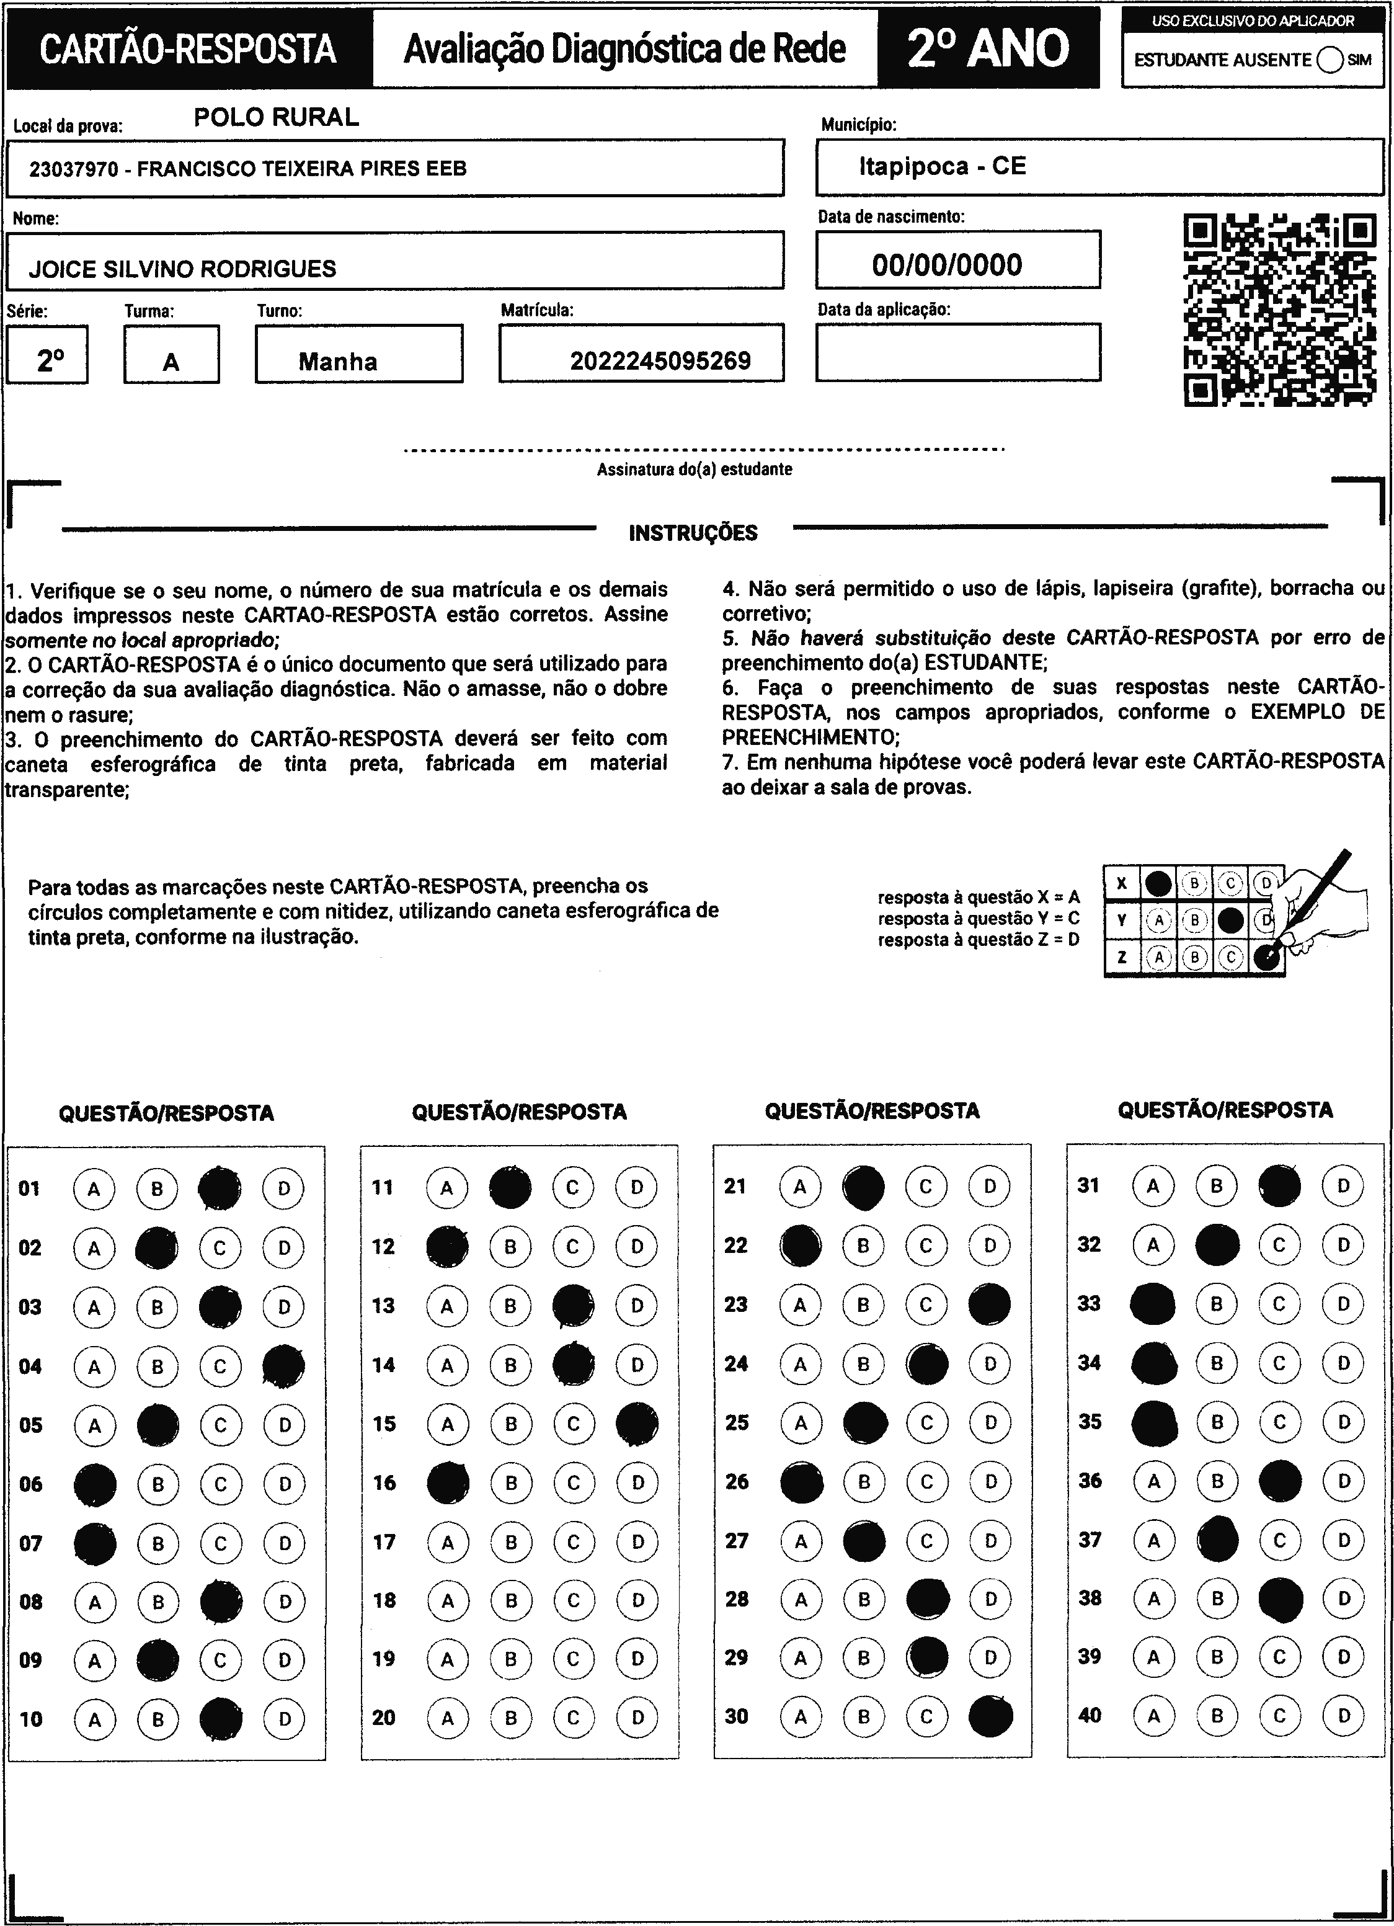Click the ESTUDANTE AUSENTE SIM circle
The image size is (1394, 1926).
[x=1330, y=60]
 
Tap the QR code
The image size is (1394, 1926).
[x=1279, y=310]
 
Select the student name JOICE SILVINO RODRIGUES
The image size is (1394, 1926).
[x=182, y=269]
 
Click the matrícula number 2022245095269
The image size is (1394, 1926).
[x=660, y=361]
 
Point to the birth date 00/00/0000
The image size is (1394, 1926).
[x=947, y=265]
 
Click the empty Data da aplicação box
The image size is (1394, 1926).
[x=957, y=352]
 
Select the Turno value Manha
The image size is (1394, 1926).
[x=338, y=362]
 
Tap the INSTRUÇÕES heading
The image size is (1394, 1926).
[x=693, y=533]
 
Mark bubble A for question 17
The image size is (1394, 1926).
[x=447, y=1541]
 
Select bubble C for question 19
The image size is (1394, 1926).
[x=573, y=1659]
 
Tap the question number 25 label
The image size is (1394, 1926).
[x=736, y=1422]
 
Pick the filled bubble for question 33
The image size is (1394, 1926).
[x=1153, y=1303]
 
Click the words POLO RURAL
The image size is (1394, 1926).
[x=276, y=117]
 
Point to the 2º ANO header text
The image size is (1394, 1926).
[x=988, y=48]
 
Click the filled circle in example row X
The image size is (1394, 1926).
[x=1158, y=884]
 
